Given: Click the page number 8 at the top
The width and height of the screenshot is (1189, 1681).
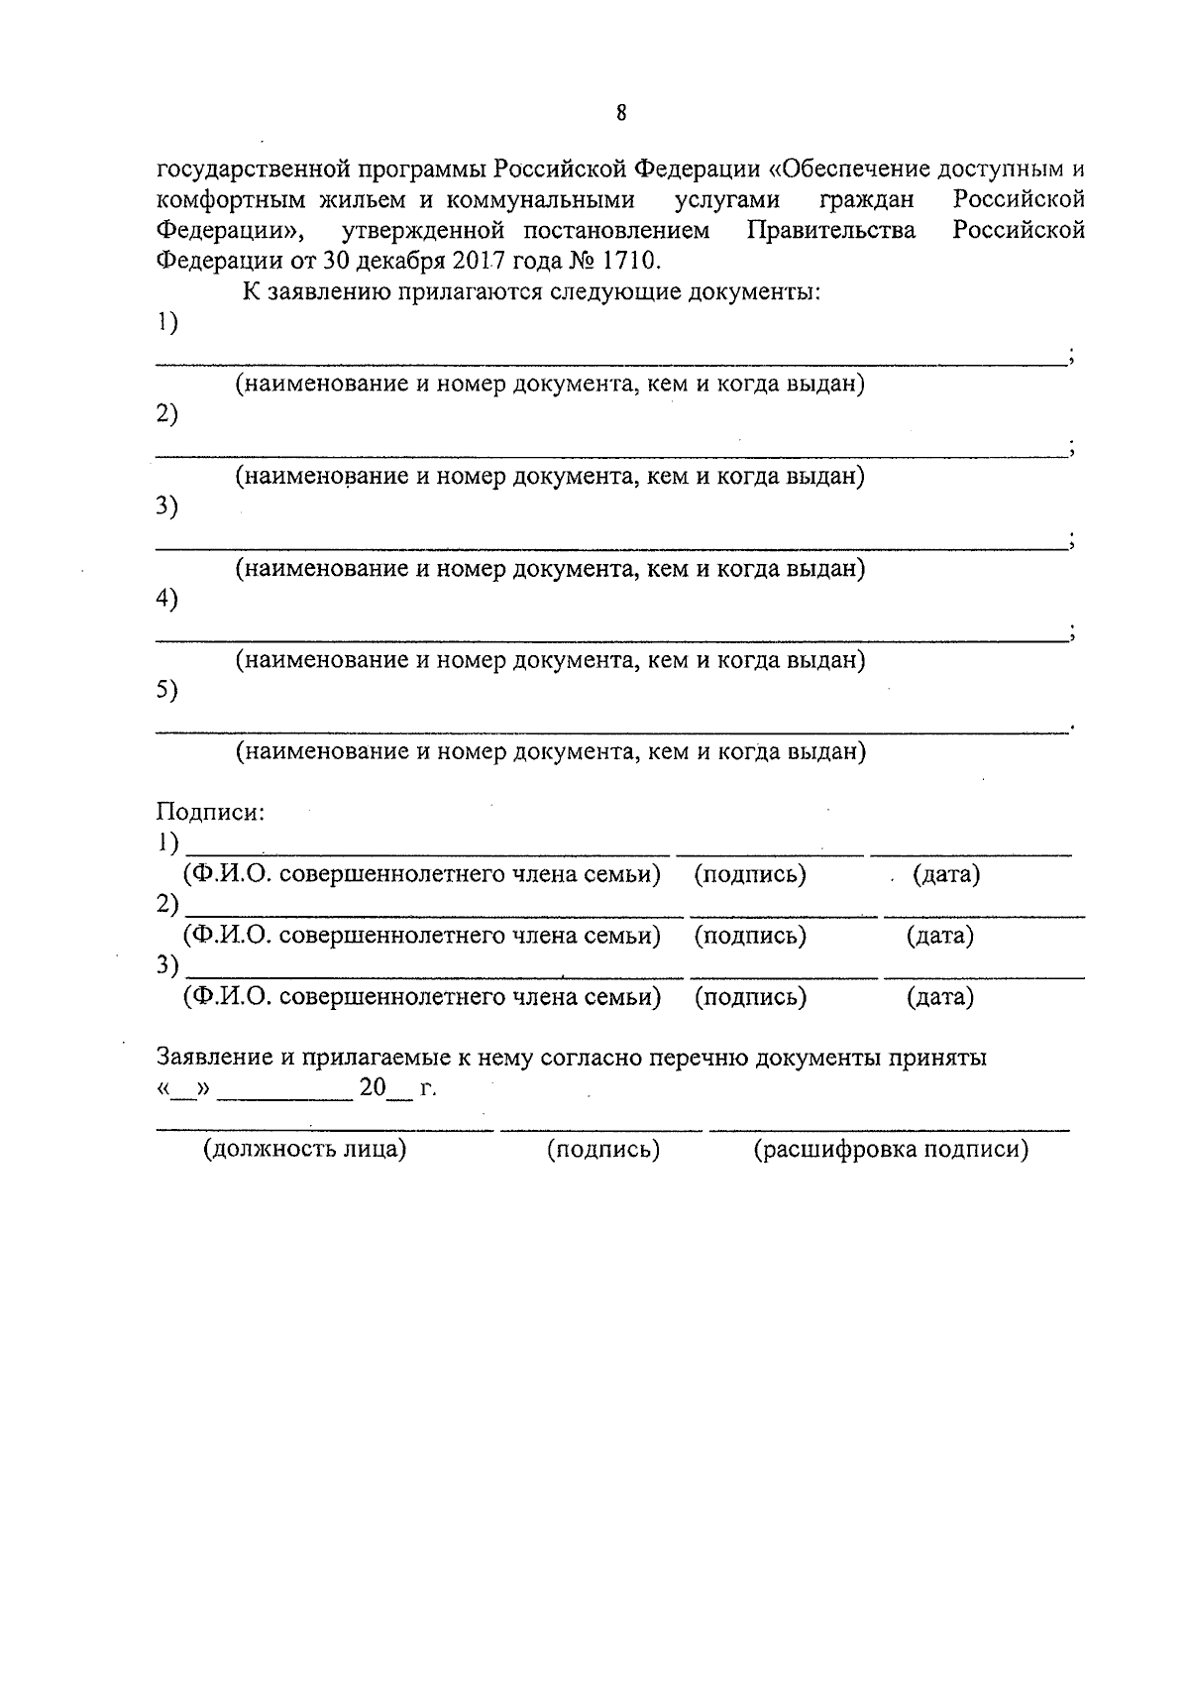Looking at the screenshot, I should (621, 113).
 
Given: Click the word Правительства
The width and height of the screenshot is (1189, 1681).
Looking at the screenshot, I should (831, 231).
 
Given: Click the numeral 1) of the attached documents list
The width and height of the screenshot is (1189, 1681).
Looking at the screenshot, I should (167, 322).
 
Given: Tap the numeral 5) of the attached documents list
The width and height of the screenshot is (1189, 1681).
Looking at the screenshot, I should (167, 690).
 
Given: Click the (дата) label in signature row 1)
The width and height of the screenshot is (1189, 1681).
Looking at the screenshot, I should (946, 875).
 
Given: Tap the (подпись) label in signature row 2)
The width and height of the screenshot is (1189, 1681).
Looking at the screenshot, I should (750, 936).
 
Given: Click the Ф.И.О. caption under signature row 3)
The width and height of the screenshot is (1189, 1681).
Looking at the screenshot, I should (421, 997).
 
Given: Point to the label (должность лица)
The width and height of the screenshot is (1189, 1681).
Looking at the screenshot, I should (305, 1150).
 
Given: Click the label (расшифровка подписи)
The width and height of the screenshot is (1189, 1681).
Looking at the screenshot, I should (891, 1150).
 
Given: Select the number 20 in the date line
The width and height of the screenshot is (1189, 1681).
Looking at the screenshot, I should (373, 1088).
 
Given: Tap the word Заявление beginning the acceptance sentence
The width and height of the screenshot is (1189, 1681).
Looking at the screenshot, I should (214, 1058).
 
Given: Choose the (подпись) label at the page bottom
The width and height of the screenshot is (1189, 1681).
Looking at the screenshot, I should (603, 1150).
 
